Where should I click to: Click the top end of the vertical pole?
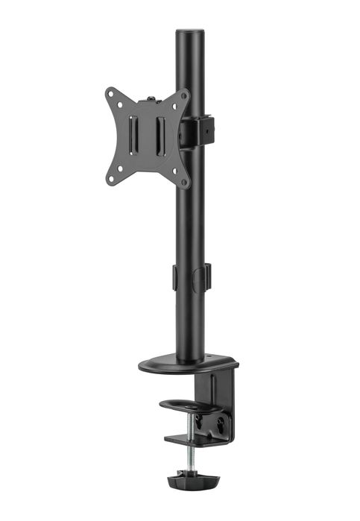point(191,33)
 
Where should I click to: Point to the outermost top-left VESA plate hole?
point(110,93)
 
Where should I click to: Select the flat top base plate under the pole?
point(186,364)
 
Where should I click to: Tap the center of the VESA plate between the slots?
point(148,135)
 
